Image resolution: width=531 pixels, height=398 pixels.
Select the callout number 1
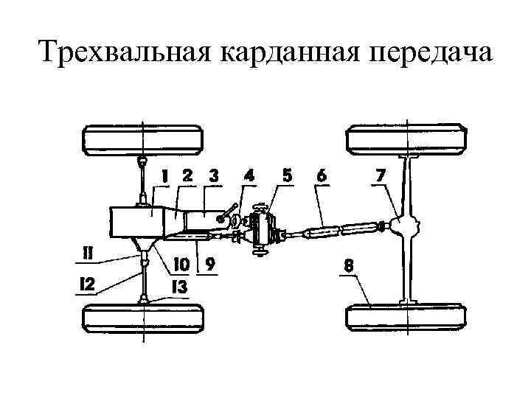pyautogui.click(x=165, y=177)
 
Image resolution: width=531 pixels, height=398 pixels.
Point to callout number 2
pyautogui.click(x=187, y=177)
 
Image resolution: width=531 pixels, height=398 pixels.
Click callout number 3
pyautogui.click(x=213, y=177)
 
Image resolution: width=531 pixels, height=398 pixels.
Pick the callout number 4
pyautogui.click(x=250, y=177)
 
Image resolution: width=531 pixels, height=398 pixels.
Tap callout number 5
pyautogui.click(x=287, y=176)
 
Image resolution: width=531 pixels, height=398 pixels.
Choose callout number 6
pyautogui.click(x=322, y=177)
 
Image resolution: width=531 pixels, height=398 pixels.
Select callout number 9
pyautogui.click(x=211, y=263)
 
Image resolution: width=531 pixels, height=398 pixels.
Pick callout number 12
pyautogui.click(x=87, y=284)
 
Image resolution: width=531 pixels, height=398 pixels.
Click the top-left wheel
pyautogui.click(x=142, y=139)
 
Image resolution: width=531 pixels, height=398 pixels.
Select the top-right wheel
pyautogui.click(x=407, y=139)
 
